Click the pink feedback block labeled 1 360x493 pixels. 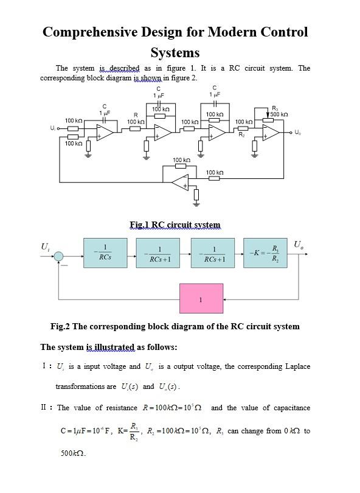click(201, 298)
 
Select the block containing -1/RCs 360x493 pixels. click(106, 253)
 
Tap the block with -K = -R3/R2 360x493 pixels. click(266, 253)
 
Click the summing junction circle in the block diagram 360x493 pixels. click(58, 257)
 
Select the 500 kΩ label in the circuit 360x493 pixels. click(279, 114)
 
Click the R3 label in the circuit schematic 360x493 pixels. click(275, 108)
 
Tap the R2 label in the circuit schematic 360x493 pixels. click(241, 133)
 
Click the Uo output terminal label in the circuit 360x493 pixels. click(296, 132)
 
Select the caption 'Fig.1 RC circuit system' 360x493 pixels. click(175, 225)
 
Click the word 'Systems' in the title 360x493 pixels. click(175, 52)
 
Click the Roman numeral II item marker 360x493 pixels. click(46, 407)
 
